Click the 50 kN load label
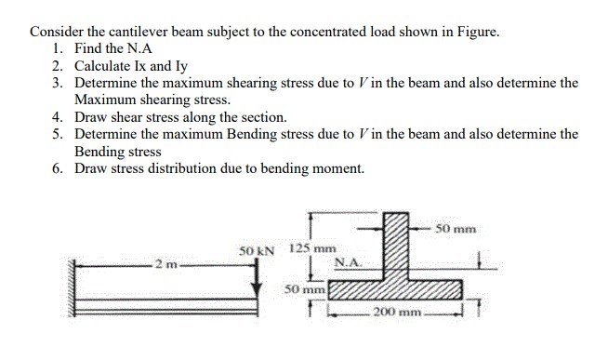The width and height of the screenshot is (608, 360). click(257, 250)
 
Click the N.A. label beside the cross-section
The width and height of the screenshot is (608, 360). click(346, 263)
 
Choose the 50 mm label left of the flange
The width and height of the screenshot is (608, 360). click(304, 289)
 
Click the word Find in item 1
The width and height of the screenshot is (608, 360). click(88, 49)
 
